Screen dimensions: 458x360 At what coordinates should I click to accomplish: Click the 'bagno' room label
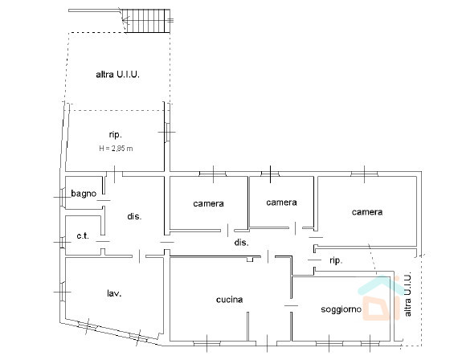coord(84,194)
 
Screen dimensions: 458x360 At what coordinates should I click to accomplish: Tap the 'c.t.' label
coord(83,235)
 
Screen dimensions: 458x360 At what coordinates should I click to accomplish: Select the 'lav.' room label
coord(114,293)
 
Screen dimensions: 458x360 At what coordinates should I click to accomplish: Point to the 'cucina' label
coord(229,300)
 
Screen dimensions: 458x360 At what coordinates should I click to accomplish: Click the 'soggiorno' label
coord(341,309)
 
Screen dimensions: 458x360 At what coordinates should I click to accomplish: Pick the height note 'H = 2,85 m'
coord(116,149)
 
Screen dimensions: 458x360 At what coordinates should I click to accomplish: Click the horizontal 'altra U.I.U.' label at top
coord(117,75)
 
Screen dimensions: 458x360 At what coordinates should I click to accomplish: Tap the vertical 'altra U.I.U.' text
coord(407,294)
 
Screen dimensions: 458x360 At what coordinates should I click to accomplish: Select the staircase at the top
coord(145,21)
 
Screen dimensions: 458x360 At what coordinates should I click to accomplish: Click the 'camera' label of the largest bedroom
coord(367,212)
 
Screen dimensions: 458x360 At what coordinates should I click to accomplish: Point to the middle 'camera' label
coord(281,202)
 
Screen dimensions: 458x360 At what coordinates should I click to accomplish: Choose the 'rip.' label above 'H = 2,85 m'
coord(116,135)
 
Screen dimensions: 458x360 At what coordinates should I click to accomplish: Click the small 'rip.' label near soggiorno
coord(336,260)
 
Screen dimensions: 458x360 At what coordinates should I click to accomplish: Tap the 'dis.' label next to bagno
coord(134,216)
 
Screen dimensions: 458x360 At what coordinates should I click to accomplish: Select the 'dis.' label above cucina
coord(242,242)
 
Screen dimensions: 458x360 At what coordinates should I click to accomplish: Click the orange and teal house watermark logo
coord(378,298)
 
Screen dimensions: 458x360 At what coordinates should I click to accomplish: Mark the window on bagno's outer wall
coord(62,197)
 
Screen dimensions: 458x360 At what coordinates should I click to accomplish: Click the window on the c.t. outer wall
coord(62,242)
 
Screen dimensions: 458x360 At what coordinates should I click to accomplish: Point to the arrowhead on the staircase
coord(125,20)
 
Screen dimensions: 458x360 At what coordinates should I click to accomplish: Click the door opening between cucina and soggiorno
coord(291,305)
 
